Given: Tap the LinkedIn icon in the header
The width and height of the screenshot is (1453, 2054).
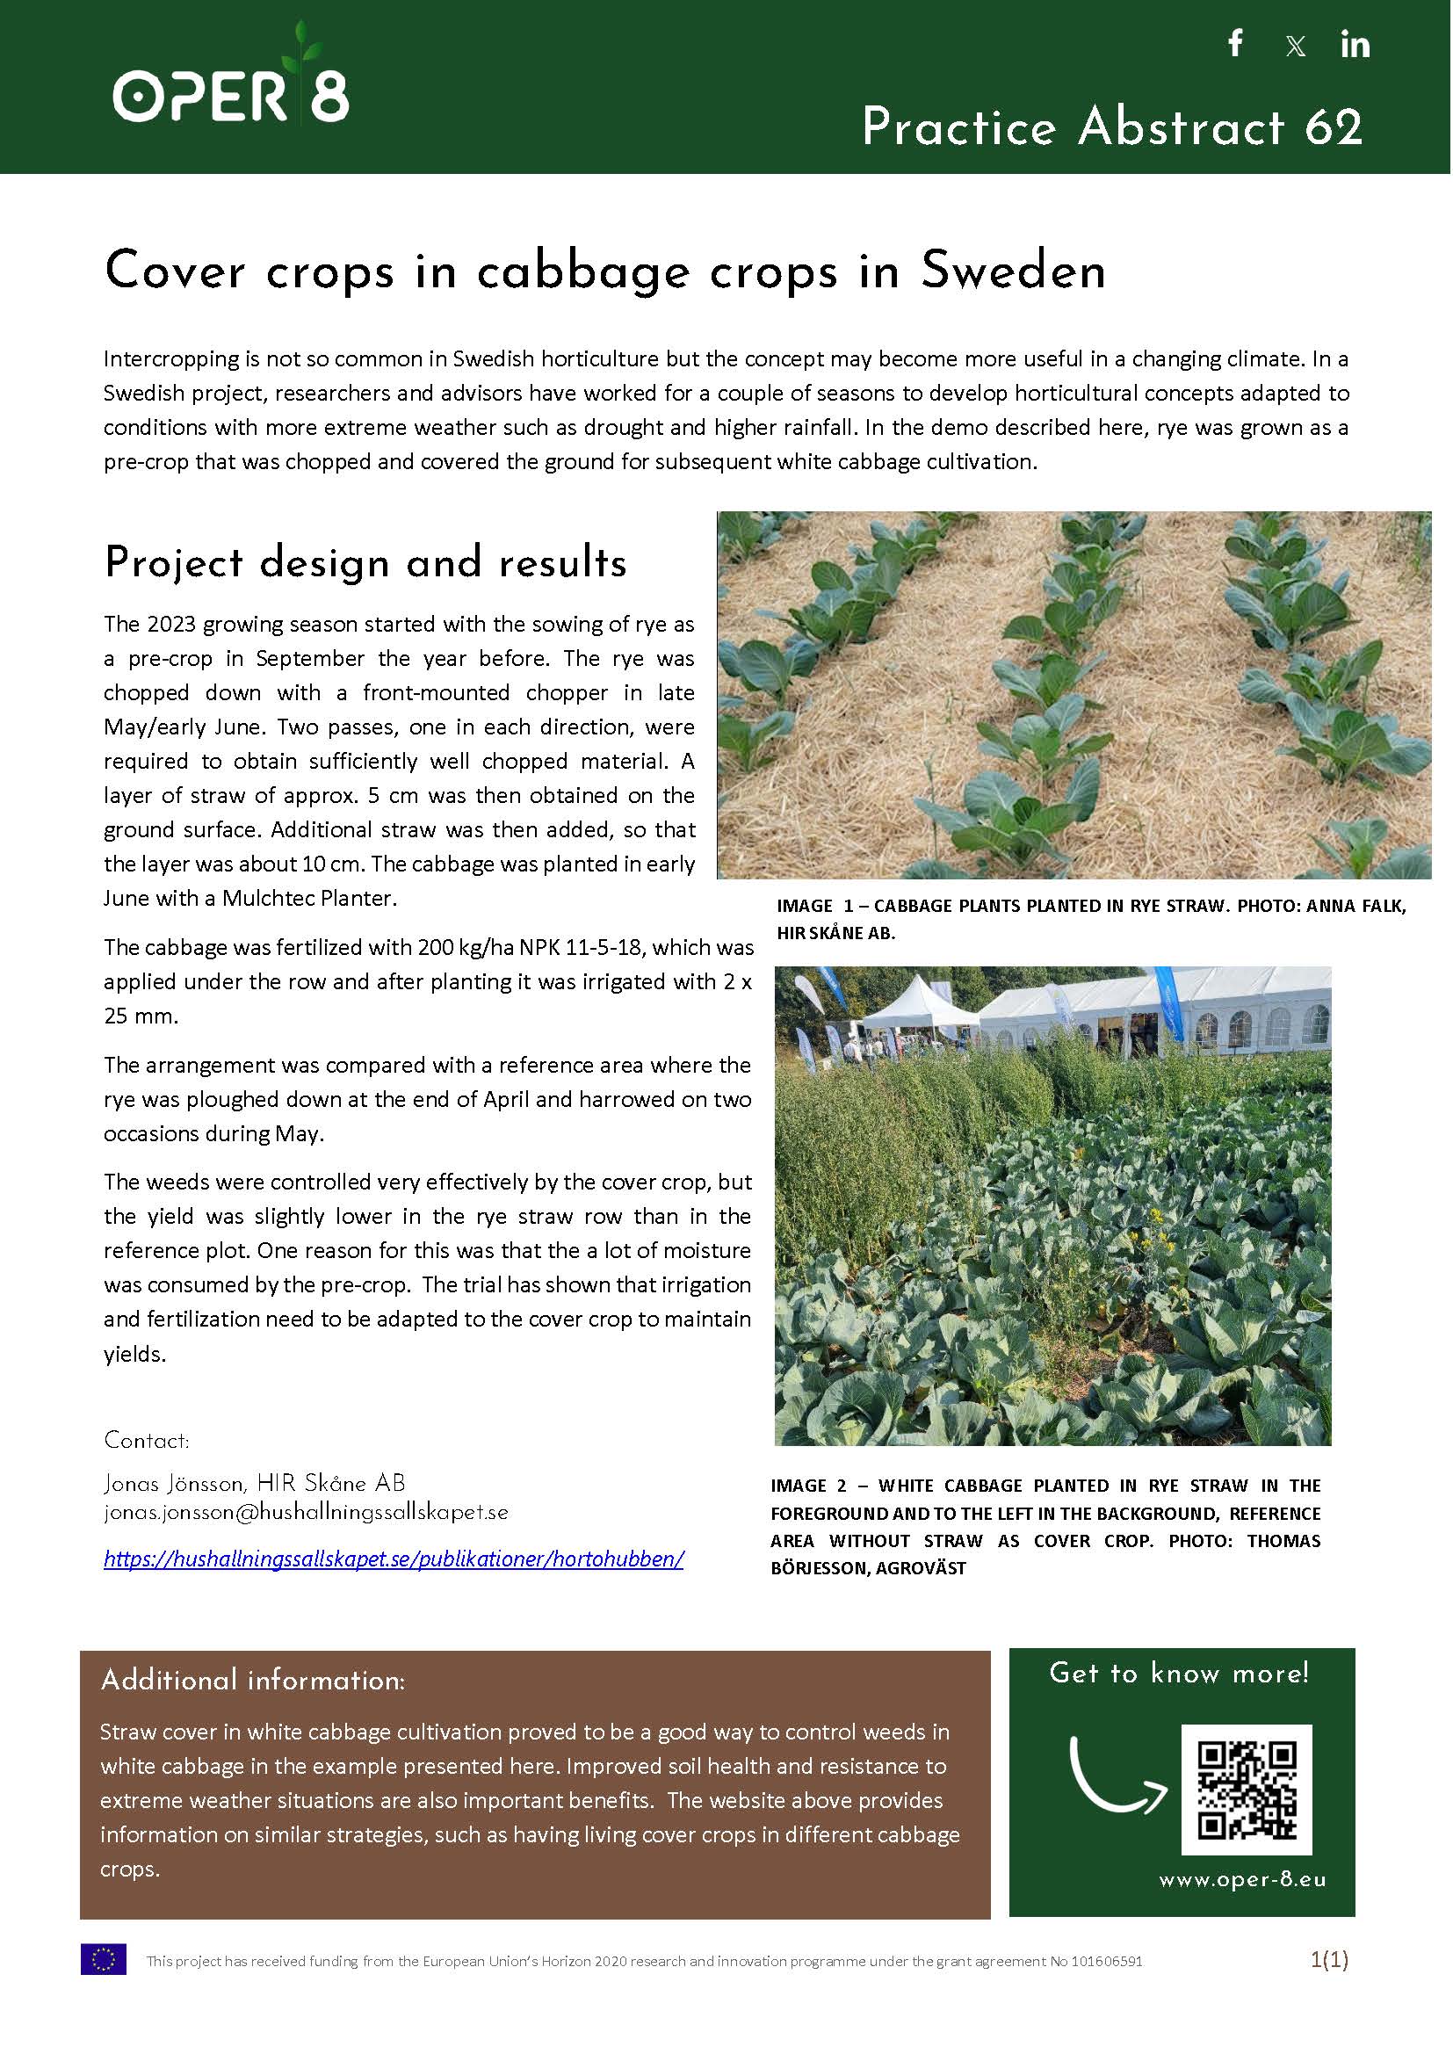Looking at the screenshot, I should pyautogui.click(x=1355, y=44).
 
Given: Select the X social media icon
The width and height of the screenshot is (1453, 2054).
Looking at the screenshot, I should pyautogui.click(x=1295, y=47).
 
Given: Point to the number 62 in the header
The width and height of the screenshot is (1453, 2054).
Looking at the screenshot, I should pyautogui.click(x=1334, y=127).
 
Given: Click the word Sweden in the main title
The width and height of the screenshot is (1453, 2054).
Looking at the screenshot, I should pyautogui.click(x=1013, y=271).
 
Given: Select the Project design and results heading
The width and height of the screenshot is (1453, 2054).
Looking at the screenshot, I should pyautogui.click(x=365, y=563).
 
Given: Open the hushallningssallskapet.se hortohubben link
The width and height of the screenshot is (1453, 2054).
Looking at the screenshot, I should pyautogui.click(x=394, y=1559).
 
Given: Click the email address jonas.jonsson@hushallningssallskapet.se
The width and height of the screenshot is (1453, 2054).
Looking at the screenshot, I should pyautogui.click(x=306, y=1512).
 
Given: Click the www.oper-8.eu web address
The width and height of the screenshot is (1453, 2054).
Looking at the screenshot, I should pyautogui.click(x=1243, y=1879).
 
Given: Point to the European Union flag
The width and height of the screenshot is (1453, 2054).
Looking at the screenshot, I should pyautogui.click(x=103, y=1959).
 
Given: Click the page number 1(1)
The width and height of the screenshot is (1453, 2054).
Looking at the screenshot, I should pyautogui.click(x=1328, y=1959).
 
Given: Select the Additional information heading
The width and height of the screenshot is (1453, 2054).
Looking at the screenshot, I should pyautogui.click(x=253, y=1680).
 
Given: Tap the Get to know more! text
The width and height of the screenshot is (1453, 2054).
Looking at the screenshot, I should pyautogui.click(x=1179, y=1673).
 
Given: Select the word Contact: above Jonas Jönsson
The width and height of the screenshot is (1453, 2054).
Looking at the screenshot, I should pyautogui.click(x=147, y=1440).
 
